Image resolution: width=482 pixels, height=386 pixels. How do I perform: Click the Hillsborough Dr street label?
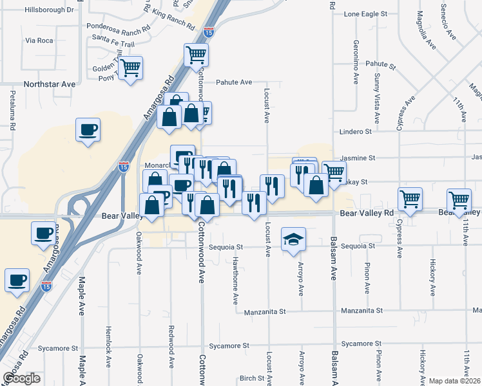(49, 10)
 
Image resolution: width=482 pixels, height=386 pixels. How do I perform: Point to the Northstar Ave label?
(50, 84)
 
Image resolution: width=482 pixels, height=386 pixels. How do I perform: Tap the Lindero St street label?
(356, 131)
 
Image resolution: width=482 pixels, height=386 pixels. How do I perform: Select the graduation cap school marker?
(293, 239)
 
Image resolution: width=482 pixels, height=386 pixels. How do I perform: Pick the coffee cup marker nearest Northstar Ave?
(88, 129)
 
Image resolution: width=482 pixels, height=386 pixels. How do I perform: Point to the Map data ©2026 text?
(455, 381)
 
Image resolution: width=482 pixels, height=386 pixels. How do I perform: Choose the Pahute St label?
(380, 64)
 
